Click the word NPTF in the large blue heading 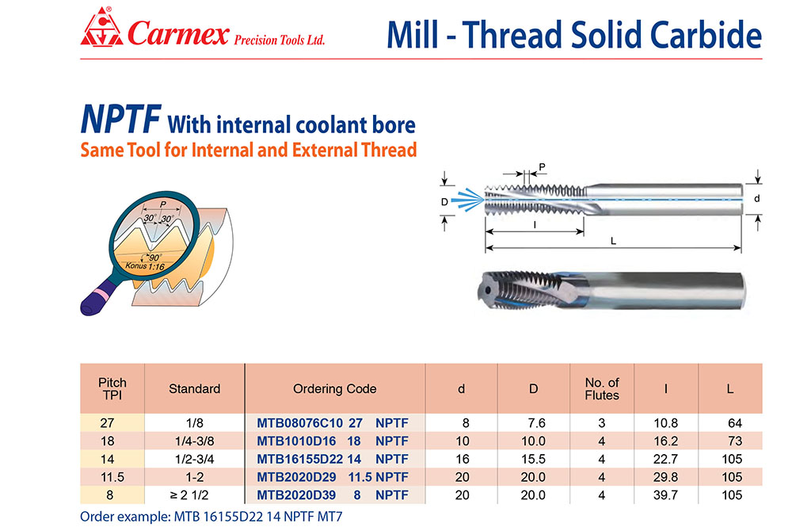120,119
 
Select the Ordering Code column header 334,388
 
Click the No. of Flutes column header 602,388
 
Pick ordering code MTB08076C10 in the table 299,423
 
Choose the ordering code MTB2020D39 296,495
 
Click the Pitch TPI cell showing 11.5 112,477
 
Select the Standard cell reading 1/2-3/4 195,459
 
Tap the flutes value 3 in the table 602,423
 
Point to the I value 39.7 666,495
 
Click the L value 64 735,423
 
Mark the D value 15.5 533,459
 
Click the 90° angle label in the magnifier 154,257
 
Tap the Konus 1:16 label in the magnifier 145,265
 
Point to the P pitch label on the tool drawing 542,166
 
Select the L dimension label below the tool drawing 613,241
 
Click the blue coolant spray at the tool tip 468,199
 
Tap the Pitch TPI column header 112,388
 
